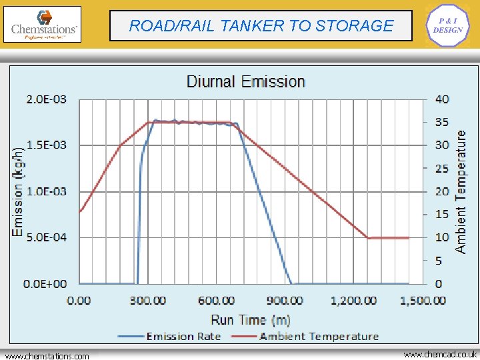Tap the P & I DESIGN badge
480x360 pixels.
[447, 25]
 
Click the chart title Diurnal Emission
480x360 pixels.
[245, 82]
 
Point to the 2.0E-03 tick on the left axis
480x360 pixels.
[46, 99]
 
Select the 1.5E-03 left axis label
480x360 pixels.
[46, 145]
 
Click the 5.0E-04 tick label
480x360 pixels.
[46, 237]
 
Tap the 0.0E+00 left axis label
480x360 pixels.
[45, 284]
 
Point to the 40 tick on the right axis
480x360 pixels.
[442, 99]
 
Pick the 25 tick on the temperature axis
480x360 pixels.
[442, 169]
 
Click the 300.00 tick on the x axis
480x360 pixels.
[147, 301]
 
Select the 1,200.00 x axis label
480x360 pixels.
[353, 301]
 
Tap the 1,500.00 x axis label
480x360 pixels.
[423, 301]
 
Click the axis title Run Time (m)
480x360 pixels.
[251, 320]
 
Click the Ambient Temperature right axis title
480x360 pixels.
[461, 191]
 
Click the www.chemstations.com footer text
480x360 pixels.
[47, 356]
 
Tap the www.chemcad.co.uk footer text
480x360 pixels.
[440, 355]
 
